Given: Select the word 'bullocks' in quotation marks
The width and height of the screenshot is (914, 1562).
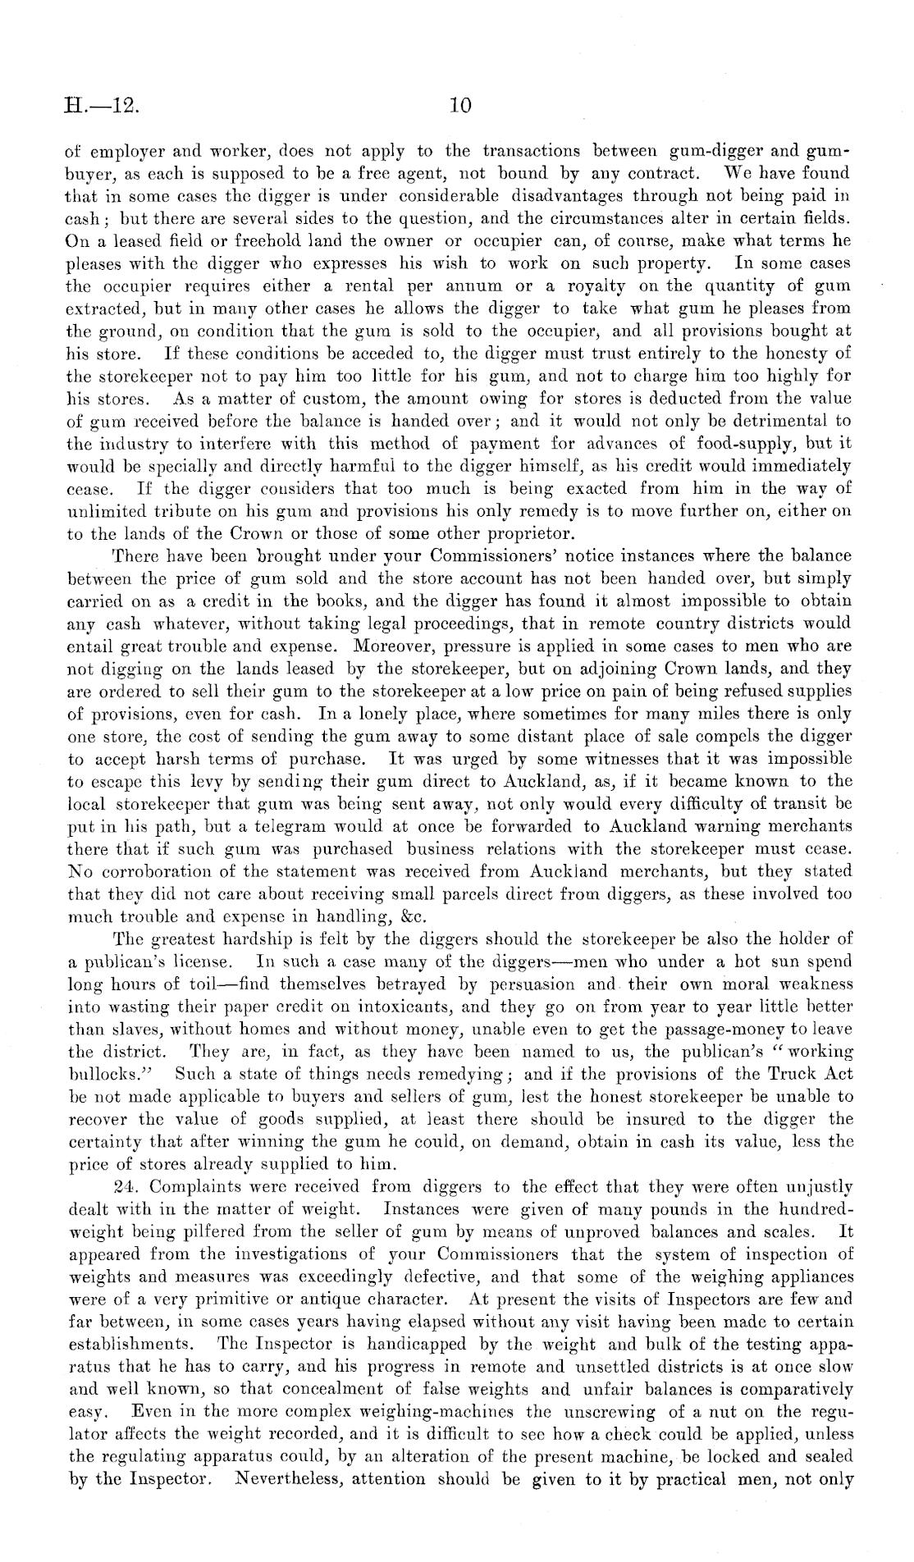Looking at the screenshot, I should (x=103, y=1072).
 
